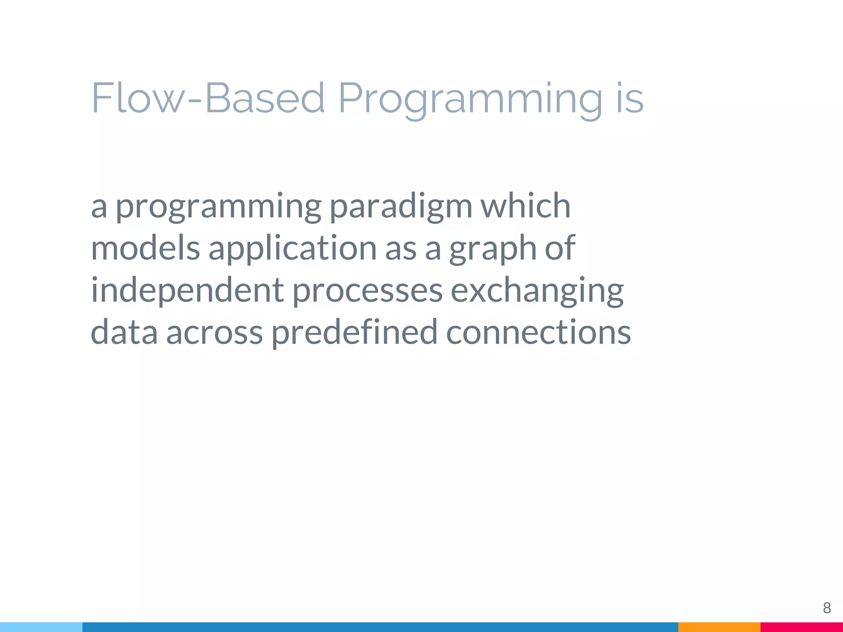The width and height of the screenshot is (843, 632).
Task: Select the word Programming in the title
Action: (470, 99)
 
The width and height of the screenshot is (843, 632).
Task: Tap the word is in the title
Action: (630, 99)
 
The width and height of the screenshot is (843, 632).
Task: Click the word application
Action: (292, 249)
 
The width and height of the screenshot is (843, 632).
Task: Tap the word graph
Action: (492, 249)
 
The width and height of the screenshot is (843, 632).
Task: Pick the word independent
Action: (187, 290)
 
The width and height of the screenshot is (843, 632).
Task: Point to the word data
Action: (124, 332)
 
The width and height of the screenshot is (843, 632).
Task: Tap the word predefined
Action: (354, 332)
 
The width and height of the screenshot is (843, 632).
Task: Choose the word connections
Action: (538, 332)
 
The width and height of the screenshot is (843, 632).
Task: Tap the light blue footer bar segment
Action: (41, 627)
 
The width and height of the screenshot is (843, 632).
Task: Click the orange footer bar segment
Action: (719, 627)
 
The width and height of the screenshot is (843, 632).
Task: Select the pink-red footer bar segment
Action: (801, 627)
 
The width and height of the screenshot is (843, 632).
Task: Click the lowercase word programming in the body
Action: (218, 207)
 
